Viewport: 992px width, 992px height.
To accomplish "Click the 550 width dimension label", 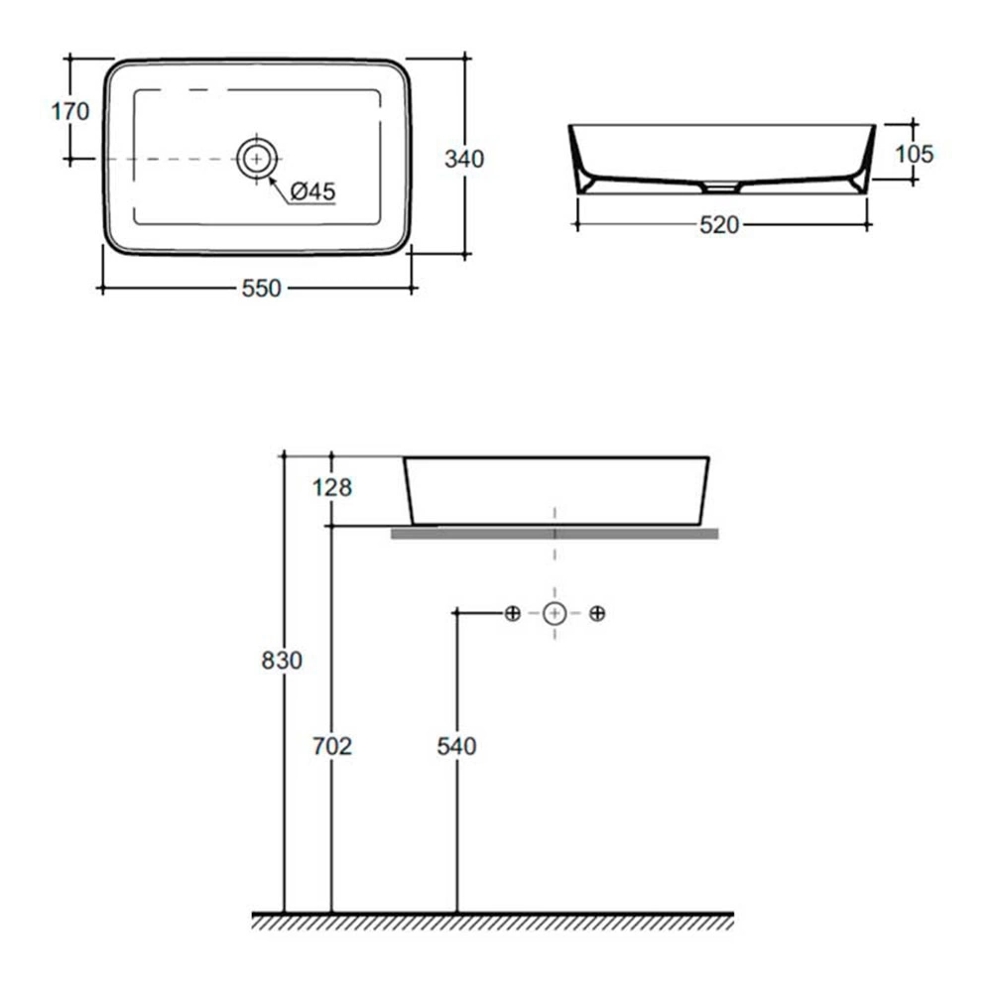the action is click(261, 289).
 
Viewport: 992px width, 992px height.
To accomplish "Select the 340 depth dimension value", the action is click(464, 159).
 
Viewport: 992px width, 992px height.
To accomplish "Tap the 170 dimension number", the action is click(70, 112).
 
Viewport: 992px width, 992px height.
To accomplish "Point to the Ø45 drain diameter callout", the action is click(312, 191).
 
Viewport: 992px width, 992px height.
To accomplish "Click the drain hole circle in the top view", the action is click(257, 158).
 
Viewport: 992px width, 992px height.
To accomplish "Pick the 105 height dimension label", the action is click(915, 154).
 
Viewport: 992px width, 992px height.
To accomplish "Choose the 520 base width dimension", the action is click(719, 224).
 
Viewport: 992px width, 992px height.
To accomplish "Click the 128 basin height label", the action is click(332, 488).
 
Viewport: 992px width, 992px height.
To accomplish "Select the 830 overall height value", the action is click(282, 661).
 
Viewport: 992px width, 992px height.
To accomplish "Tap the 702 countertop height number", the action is click(332, 747).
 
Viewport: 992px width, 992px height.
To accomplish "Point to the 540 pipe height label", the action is click(456, 747).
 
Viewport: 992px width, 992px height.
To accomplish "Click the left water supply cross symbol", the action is click(513, 613).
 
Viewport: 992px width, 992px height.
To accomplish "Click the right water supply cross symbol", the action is click(597, 613).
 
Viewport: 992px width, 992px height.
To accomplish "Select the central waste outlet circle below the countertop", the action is click(555, 613).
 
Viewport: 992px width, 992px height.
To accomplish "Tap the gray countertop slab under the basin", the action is click(555, 534).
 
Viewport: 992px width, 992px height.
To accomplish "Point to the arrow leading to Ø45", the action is click(279, 189).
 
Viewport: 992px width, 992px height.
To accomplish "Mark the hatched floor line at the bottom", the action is click(493, 922).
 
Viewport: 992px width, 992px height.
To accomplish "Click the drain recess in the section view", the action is click(722, 186).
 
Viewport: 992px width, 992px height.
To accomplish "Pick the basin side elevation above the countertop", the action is click(557, 491).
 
